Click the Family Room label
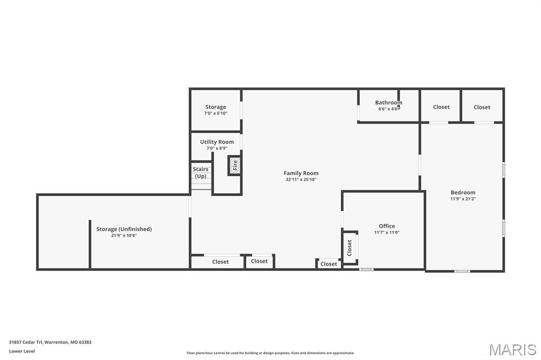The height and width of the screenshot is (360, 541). pos(301,173)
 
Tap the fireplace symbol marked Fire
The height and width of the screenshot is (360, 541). pos(235,165)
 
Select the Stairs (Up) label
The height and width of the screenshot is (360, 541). pos(201,173)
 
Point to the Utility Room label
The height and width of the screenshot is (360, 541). pos(217,142)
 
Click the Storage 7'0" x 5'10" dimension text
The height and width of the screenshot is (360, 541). pos(216,113)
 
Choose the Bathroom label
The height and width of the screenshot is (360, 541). pos(388,102)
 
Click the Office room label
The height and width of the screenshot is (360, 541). pos(387,226)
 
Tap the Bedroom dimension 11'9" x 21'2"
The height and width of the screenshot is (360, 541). pos(463,199)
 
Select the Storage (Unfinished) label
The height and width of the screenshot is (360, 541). pos(124,229)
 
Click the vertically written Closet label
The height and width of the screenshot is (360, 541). pos(350,248)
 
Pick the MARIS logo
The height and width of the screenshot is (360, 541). pos(512,349)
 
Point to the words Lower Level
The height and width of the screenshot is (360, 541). pos(22,351)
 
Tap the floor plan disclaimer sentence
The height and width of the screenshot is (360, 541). pos(270,353)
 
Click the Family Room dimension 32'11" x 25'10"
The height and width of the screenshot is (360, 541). pos(301,179)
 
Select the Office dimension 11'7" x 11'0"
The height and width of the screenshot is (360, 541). pos(387,232)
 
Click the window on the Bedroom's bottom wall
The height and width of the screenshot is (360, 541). pos(462,271)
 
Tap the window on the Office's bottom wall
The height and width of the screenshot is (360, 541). pos(366,270)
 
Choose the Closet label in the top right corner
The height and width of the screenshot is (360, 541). pos(482,107)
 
